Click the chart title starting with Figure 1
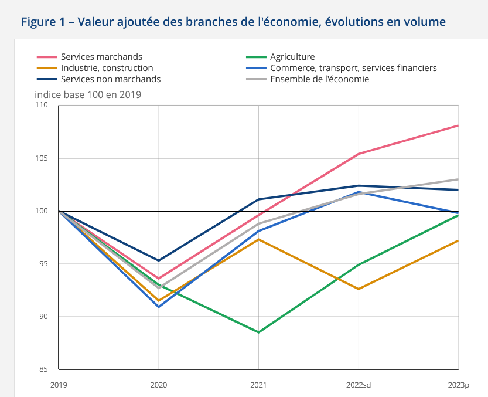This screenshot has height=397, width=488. [x=233, y=22]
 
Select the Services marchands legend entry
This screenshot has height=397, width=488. [x=101, y=57]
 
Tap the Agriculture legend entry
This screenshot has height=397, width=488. [x=292, y=57]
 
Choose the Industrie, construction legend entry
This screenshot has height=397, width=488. [x=107, y=68]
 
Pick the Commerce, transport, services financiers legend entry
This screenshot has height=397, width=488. [x=353, y=68]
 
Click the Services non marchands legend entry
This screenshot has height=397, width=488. [x=110, y=79]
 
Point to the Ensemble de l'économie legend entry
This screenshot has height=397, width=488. [x=319, y=79]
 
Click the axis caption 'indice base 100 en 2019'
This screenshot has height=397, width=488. [x=88, y=94]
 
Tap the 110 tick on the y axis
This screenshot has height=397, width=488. [x=41, y=106]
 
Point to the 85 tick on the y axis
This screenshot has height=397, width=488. [x=43, y=369]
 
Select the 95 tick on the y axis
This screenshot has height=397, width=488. [x=43, y=264]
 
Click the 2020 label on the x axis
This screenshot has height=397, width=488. [x=159, y=385]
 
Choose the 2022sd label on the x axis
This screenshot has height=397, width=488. [x=359, y=385]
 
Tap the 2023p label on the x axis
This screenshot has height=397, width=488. [x=459, y=385]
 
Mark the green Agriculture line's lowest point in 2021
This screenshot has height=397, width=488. [x=258, y=332]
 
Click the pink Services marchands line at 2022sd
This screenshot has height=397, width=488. [x=359, y=154]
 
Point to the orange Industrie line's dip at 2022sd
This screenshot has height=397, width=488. [x=359, y=289]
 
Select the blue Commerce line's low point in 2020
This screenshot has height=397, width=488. [x=159, y=307]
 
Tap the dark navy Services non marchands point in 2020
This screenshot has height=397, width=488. [x=159, y=260]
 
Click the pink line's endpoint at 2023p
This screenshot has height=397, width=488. [x=458, y=125]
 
